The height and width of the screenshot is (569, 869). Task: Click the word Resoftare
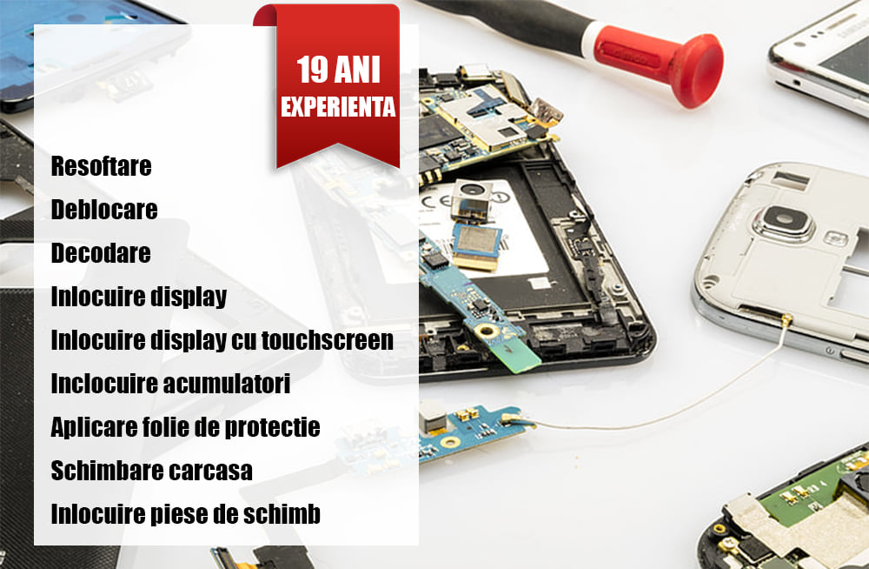[101, 166]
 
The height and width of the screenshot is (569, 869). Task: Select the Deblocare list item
[104, 210]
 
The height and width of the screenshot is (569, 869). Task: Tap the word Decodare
[101, 252]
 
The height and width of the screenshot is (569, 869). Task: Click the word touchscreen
[328, 339]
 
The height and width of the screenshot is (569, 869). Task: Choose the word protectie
[272, 427]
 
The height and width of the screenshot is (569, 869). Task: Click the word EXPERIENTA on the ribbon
[338, 107]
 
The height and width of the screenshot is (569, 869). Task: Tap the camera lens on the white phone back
[784, 220]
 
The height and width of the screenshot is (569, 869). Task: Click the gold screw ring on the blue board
[488, 331]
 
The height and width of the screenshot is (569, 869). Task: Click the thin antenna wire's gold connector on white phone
[786, 319]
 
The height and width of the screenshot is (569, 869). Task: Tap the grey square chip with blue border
[477, 243]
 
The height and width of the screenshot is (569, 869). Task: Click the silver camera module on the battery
[471, 198]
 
